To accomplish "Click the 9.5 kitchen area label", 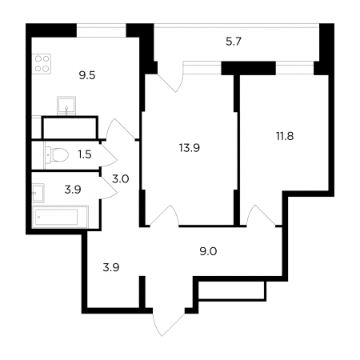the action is [x=87, y=75].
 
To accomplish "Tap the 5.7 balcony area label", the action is [x=234, y=42].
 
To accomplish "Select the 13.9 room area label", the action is [x=190, y=147].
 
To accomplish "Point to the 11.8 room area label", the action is [x=285, y=136].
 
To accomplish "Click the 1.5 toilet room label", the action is [x=85, y=154].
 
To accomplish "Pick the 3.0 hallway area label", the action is [x=121, y=178].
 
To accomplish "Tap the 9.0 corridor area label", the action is [x=208, y=251].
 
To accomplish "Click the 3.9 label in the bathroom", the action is [x=73, y=190].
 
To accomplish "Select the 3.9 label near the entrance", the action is [x=111, y=267].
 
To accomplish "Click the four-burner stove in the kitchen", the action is [x=42, y=64].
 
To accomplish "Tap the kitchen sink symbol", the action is [x=66, y=106].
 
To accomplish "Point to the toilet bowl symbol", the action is [x=56, y=154].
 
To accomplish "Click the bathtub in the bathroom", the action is [x=60, y=217].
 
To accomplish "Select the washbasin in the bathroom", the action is [x=38, y=193].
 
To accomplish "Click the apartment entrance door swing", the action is [x=169, y=322].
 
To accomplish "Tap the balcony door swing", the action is [x=170, y=81].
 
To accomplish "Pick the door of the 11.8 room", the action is [x=261, y=215].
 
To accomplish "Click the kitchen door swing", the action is [x=120, y=129].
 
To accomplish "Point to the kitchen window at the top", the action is [x=102, y=31].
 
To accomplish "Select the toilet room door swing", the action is [x=109, y=154].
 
